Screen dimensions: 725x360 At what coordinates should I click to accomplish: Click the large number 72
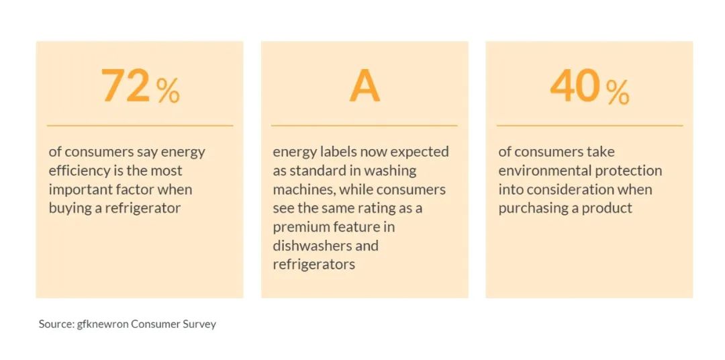[126, 86]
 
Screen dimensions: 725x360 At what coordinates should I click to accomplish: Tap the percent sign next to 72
[168, 91]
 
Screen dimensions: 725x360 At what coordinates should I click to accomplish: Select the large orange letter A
[365, 87]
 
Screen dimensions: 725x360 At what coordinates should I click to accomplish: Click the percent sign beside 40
[618, 91]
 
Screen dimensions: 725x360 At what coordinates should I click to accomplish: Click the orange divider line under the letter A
[365, 126]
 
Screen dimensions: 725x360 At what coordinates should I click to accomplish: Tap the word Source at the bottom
[55, 324]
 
